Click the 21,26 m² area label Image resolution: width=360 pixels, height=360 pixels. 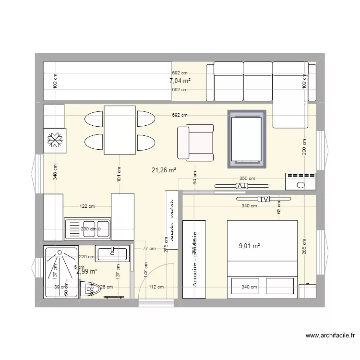164,169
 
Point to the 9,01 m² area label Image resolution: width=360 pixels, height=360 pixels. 249,246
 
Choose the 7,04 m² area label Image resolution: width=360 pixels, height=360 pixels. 180,81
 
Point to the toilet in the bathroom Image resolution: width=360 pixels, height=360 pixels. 89,288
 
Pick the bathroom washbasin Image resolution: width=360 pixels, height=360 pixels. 111,253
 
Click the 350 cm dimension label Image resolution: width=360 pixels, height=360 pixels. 248,179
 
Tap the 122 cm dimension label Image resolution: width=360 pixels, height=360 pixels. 87,206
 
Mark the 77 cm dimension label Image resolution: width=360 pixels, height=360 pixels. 149,249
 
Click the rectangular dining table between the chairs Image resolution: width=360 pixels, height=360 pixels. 120,130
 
